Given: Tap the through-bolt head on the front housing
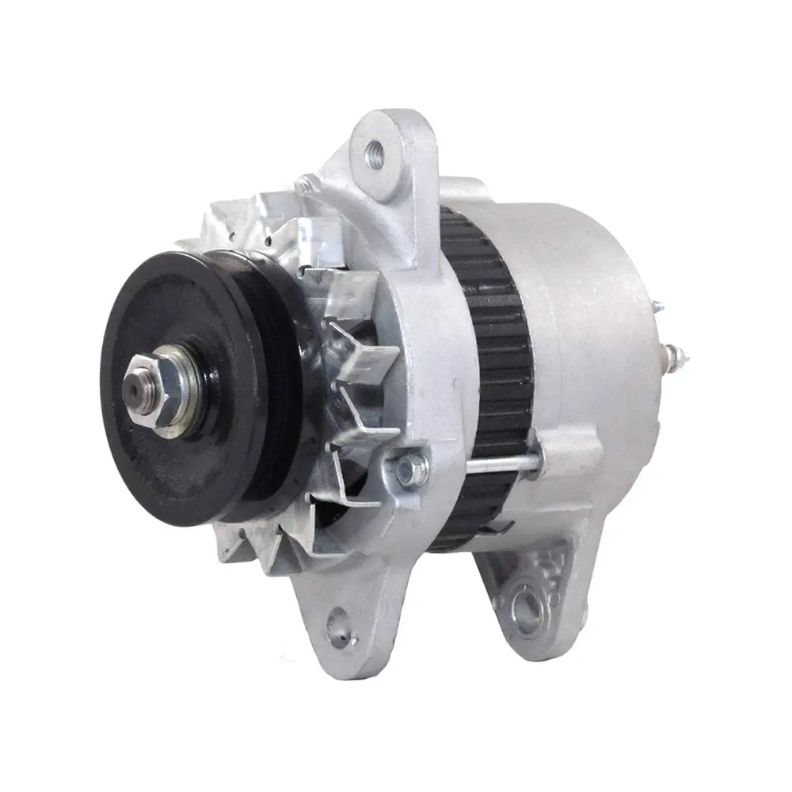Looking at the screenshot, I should click(409, 468).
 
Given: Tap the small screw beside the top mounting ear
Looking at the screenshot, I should click(303, 186).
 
